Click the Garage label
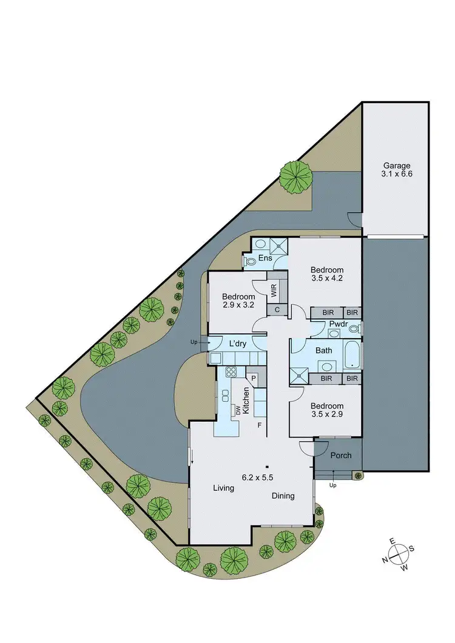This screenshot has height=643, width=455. [397, 165]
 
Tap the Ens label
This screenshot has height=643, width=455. [265, 259]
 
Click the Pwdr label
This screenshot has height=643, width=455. [338, 324]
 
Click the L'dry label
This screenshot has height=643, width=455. [237, 344]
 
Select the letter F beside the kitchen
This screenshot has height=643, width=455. [260, 425]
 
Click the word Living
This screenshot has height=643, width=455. [223, 488]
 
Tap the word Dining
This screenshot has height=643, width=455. [283, 496]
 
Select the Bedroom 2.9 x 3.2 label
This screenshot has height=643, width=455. [238, 301]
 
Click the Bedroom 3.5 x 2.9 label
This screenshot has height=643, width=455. [327, 410]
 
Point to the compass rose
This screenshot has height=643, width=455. [397, 553]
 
